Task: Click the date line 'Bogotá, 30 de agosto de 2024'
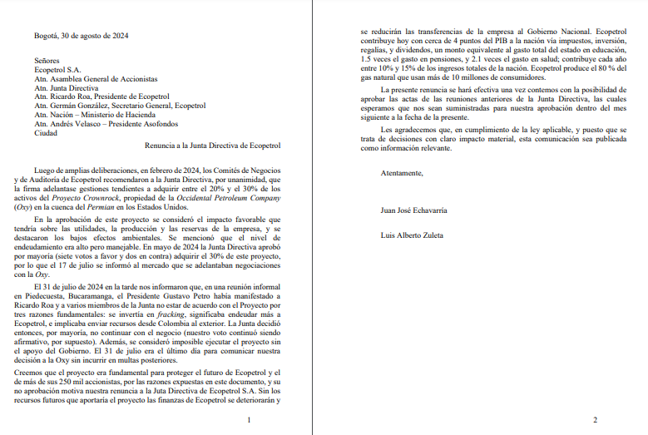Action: pyautogui.click(x=82, y=37)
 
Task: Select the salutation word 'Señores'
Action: pyautogui.click(x=48, y=62)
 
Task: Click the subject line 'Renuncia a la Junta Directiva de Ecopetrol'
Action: pyautogui.click(x=213, y=146)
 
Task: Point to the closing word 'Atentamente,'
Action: pyautogui.click(x=403, y=173)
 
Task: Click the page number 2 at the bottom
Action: pyautogui.click(x=594, y=420)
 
